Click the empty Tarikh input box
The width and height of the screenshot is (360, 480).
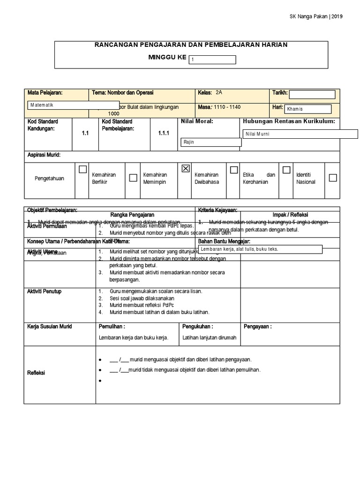[312, 94]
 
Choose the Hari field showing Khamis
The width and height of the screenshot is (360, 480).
[307, 109]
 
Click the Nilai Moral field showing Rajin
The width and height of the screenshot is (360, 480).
[210, 142]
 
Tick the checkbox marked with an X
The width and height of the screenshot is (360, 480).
[185, 169]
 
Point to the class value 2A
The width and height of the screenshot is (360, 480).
[220, 93]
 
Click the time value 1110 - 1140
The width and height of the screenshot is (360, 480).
[227, 107]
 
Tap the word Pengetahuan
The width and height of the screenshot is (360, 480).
[49, 179]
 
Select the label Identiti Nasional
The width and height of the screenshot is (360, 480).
[306, 178]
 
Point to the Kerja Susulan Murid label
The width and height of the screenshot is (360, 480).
[50, 326]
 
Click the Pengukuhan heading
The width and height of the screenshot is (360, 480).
[198, 326]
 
